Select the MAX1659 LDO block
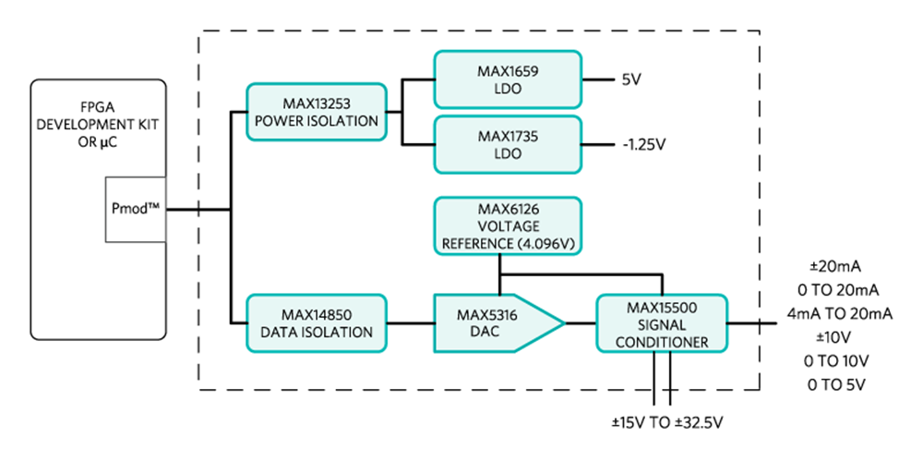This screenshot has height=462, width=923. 508,79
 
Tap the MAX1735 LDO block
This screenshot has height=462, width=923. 508,144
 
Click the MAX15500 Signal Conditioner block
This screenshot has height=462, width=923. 661,323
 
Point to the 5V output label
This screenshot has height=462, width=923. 631,79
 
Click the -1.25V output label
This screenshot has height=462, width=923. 644,144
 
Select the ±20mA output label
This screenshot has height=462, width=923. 835,266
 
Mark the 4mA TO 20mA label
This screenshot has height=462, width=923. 835,313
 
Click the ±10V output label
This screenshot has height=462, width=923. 835,336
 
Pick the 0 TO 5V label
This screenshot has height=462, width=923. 835,383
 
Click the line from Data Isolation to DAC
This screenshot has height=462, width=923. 410,323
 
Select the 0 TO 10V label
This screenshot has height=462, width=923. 835,360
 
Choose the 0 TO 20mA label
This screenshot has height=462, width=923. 835,289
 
